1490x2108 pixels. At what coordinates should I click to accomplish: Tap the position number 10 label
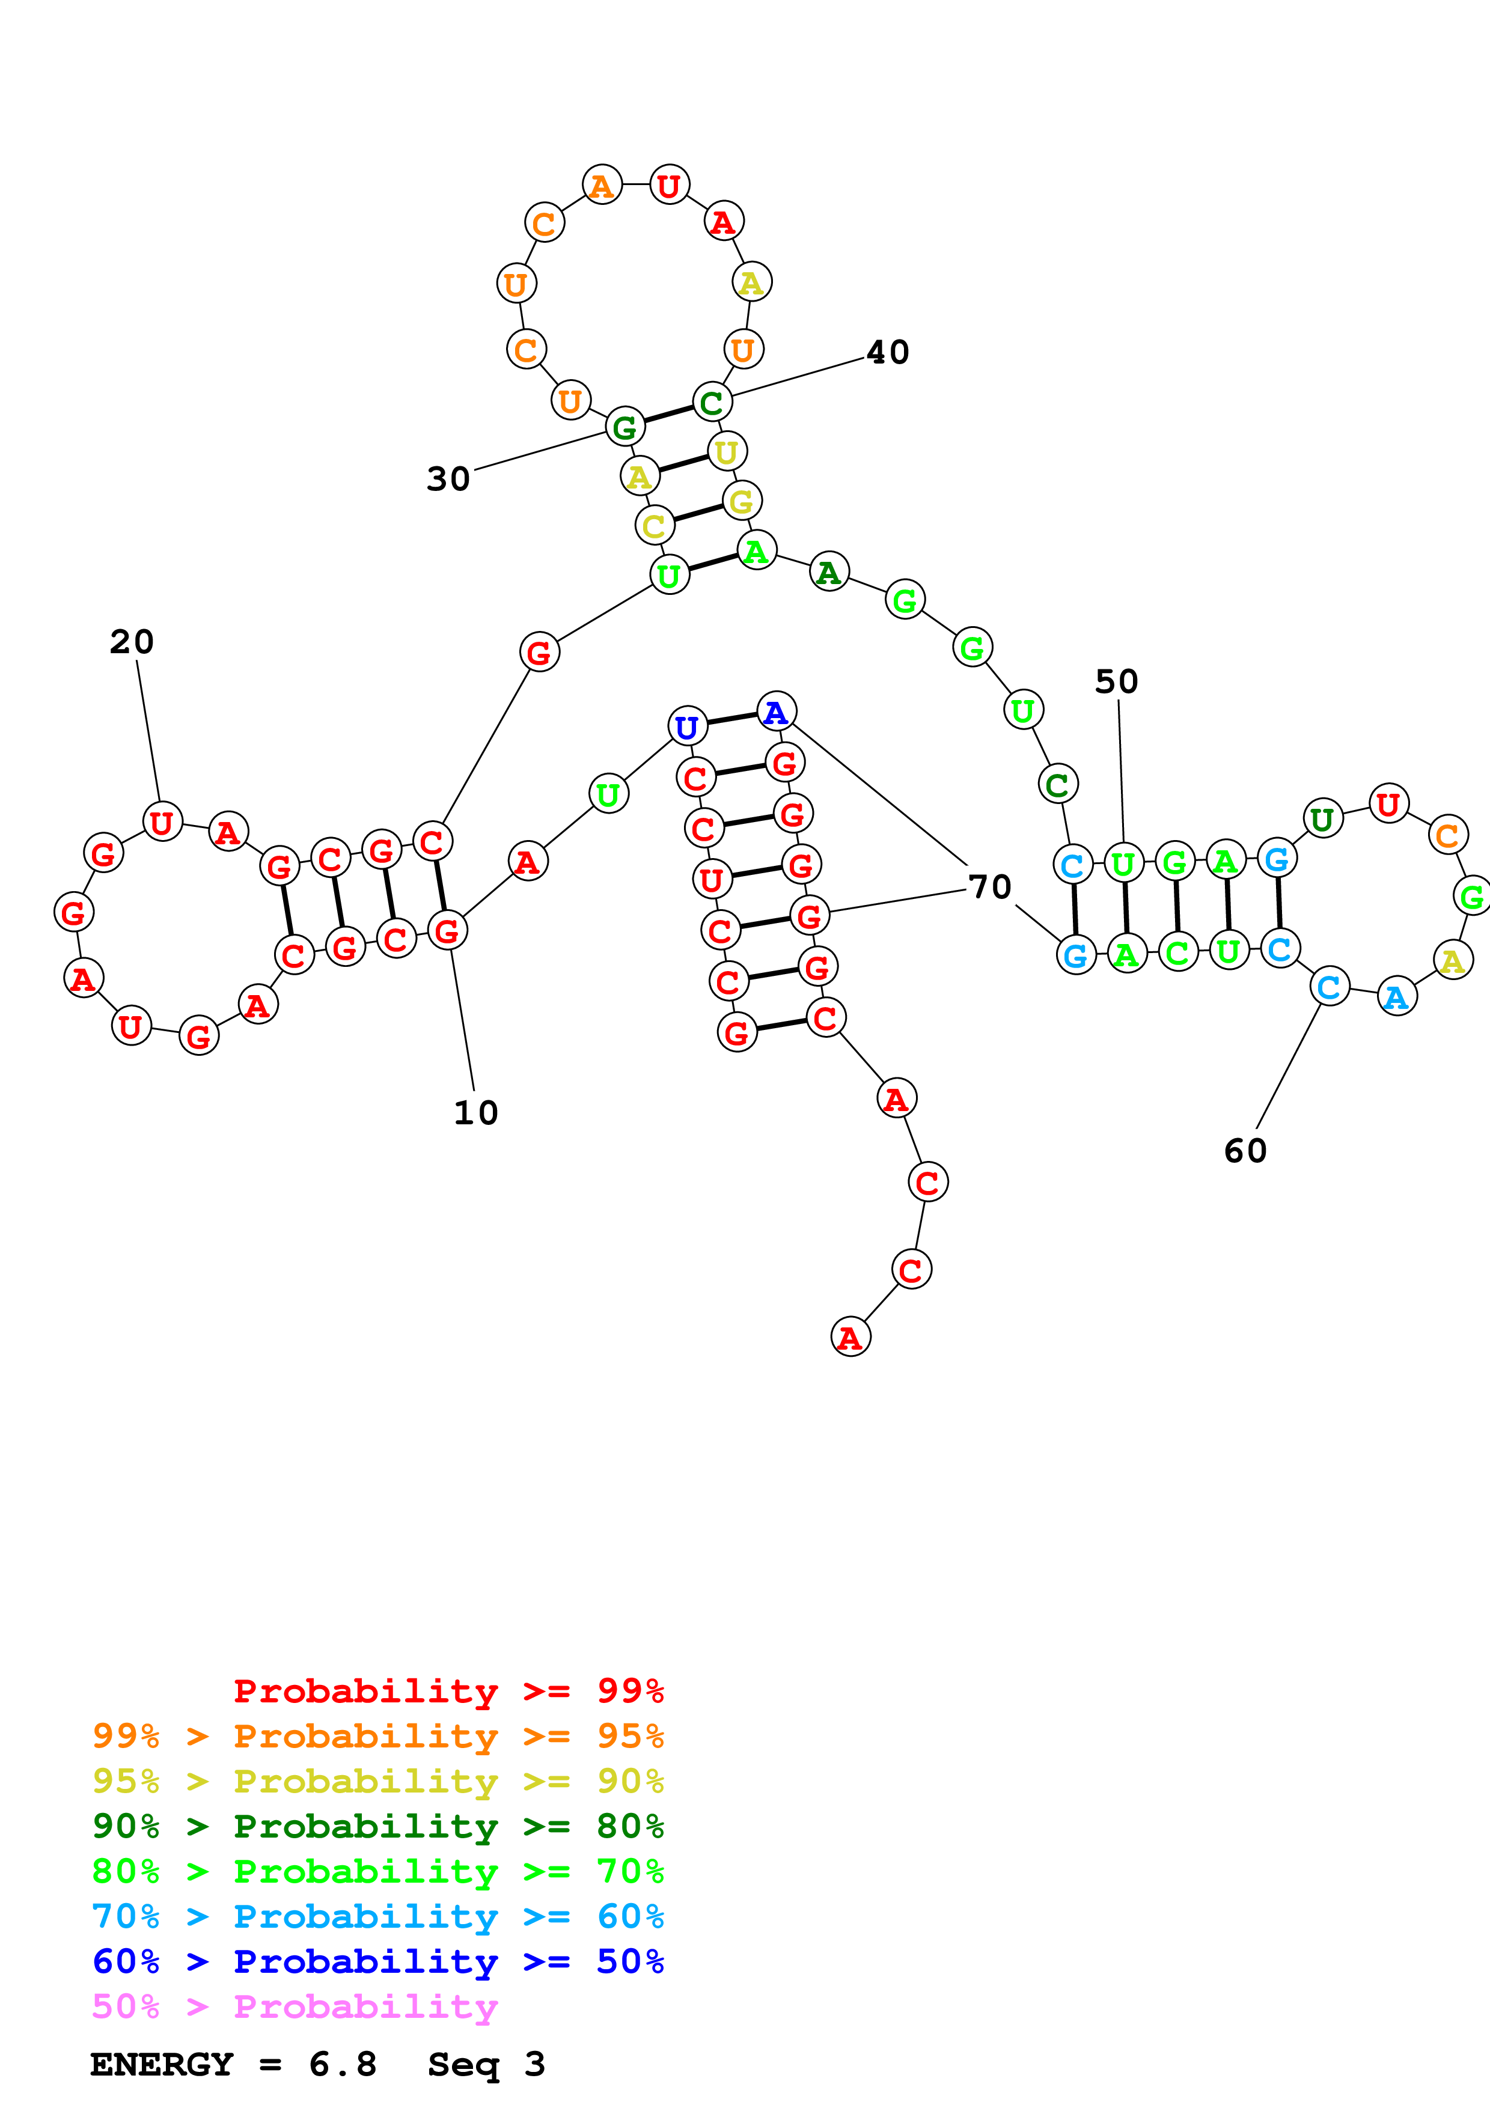(475, 1113)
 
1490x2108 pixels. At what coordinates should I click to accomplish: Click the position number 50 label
(1116, 681)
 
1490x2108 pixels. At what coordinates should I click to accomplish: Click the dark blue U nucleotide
(687, 727)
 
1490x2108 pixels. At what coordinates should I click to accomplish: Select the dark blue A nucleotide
(776, 711)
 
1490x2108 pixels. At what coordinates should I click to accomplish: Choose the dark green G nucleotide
(624, 427)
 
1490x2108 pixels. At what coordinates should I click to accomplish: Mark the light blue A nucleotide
(1396, 997)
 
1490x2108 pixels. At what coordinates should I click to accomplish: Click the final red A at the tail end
(850, 1338)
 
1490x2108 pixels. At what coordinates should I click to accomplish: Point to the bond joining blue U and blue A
(731, 719)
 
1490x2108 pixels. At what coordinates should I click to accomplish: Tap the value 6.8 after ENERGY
(343, 2065)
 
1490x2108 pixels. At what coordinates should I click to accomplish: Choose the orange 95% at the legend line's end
(630, 1736)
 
